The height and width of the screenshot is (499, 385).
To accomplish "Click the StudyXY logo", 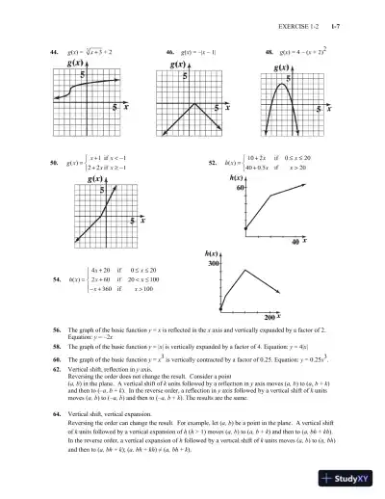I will pos(349,480).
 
